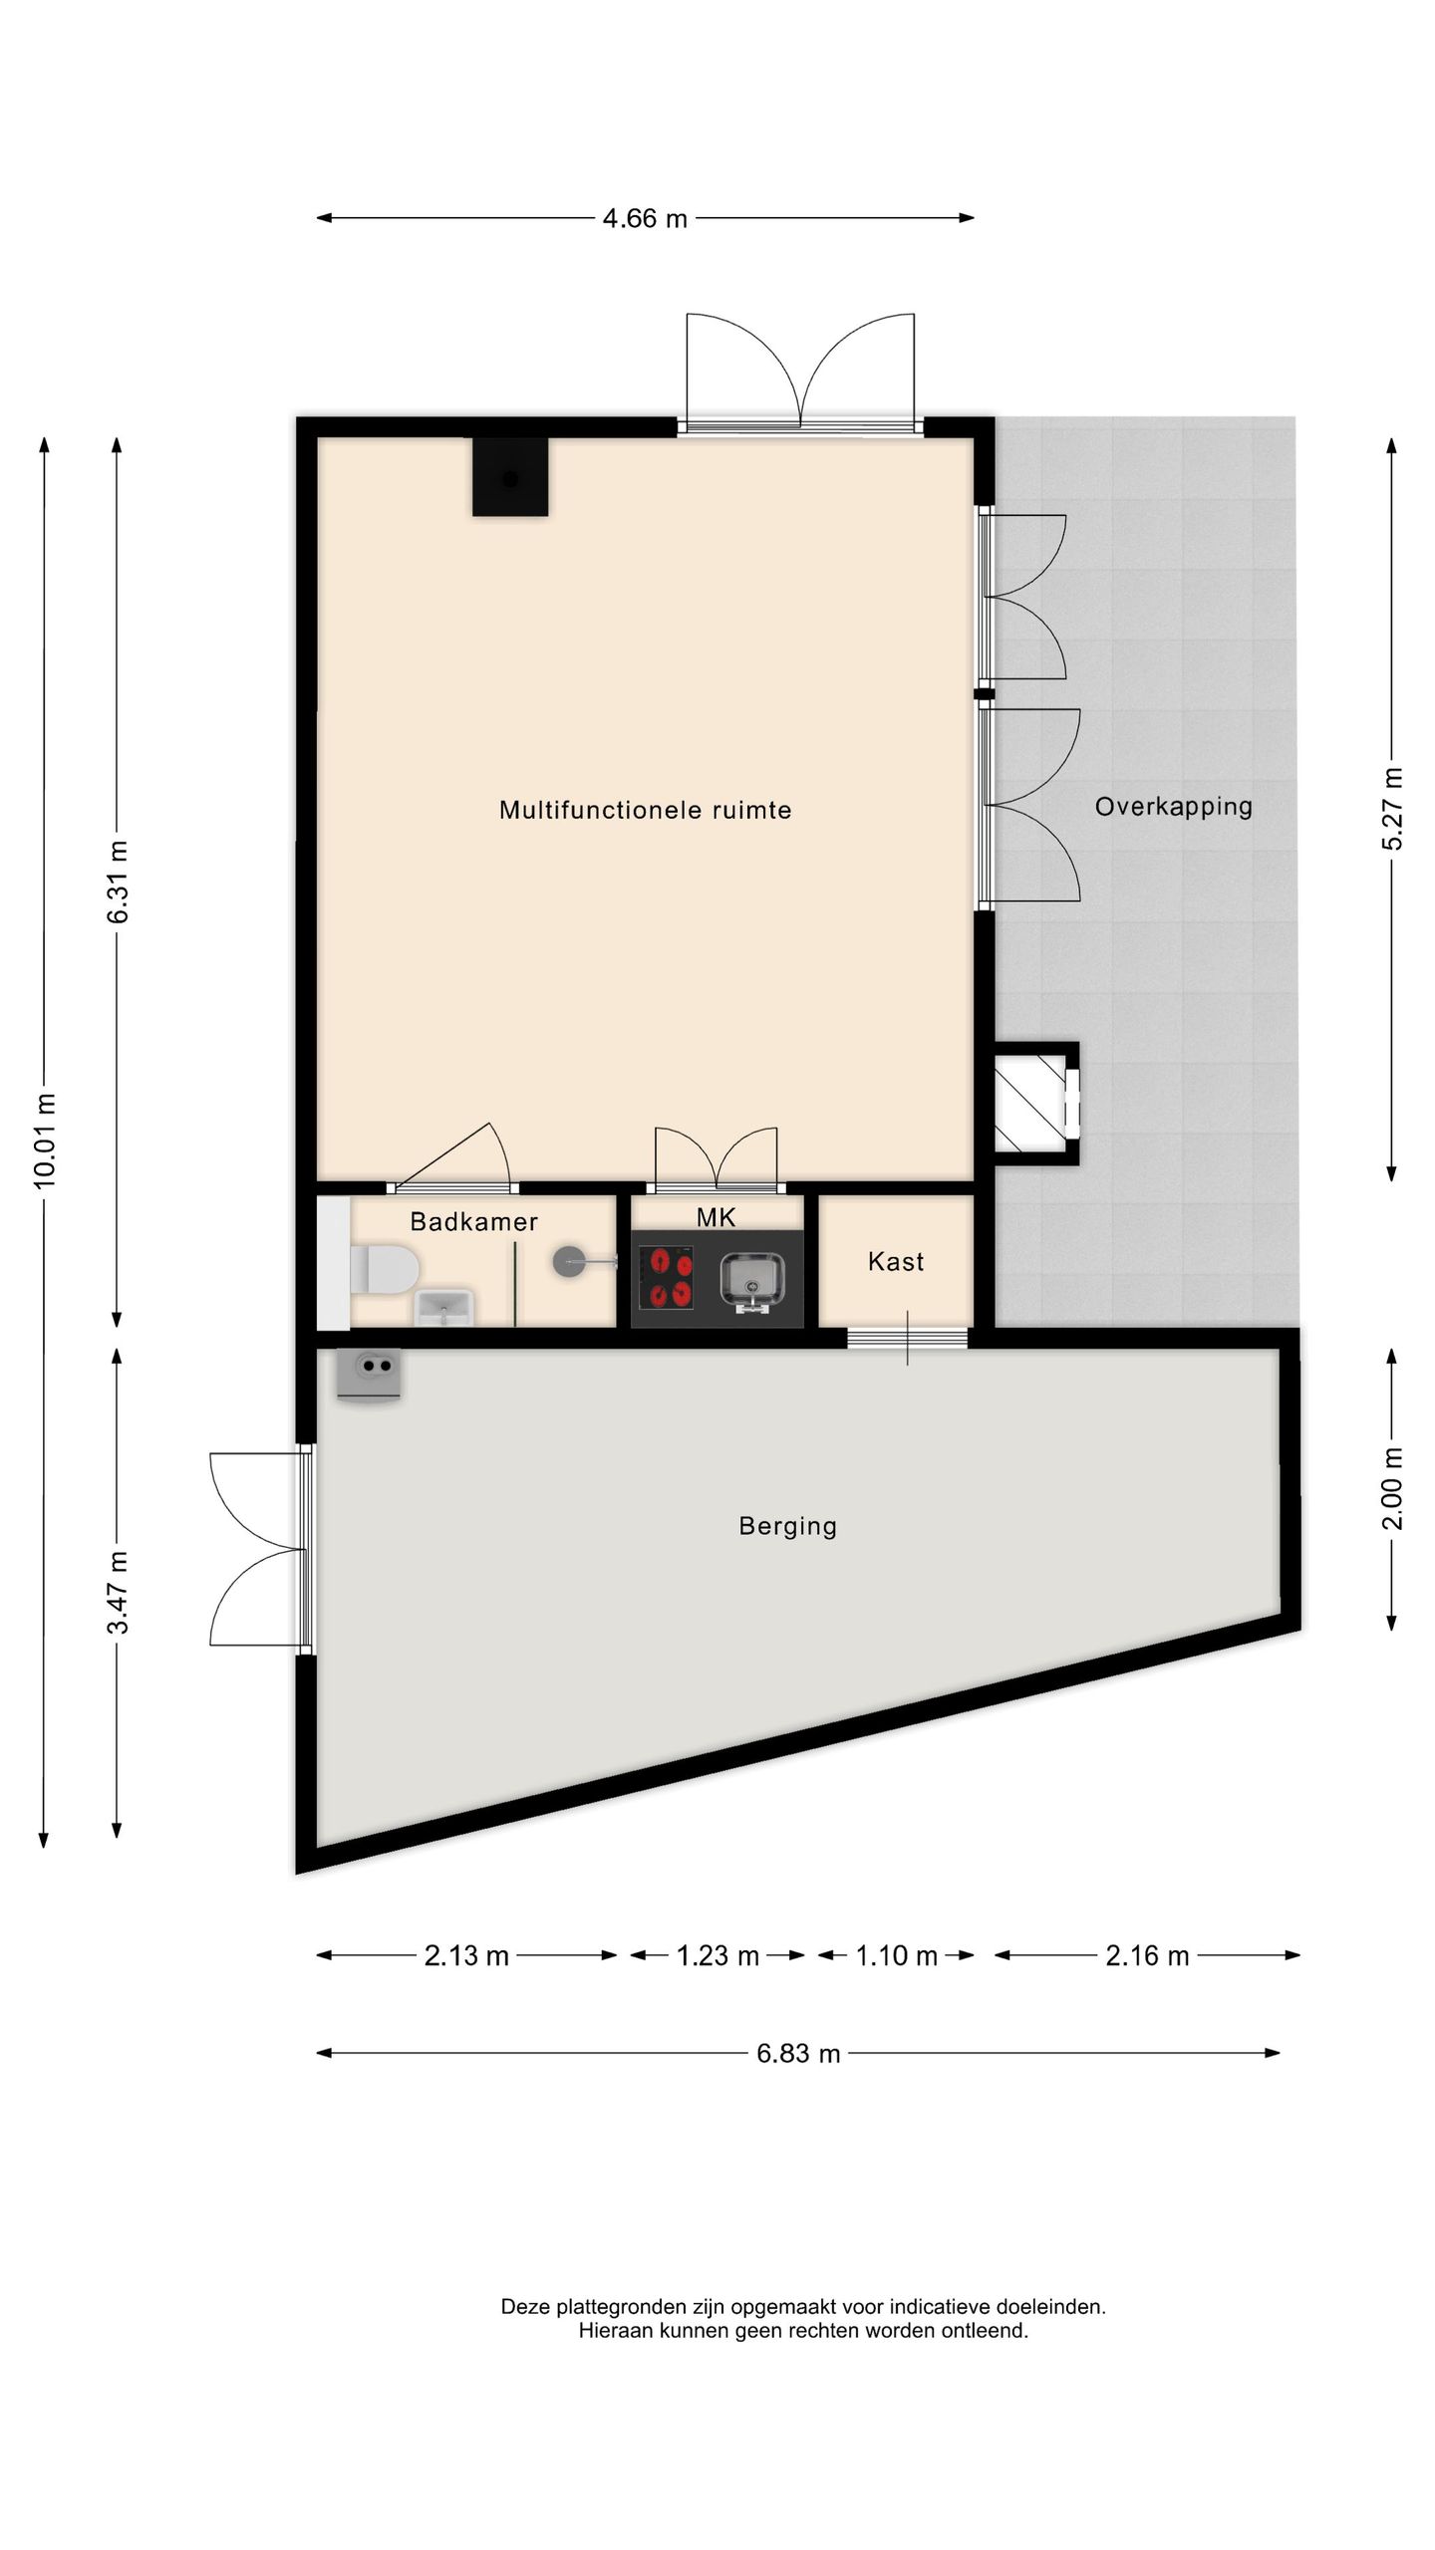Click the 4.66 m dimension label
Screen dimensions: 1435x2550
pos(645,218)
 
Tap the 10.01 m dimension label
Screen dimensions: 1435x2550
pos(45,1141)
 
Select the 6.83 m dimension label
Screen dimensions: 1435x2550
pos(798,2054)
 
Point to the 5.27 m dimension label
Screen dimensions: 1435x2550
pos(1393,809)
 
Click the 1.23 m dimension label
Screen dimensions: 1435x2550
pos(717,1956)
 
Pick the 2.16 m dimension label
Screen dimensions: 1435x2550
pos(1147,1956)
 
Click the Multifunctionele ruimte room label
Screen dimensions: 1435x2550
pos(646,810)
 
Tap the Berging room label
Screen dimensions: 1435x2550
pos(787,1527)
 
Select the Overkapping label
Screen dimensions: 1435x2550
pos(1174,808)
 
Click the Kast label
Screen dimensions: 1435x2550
pos(896,1262)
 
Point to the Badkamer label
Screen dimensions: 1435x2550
pos(474,1222)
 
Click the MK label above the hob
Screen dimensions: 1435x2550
pos(717,1216)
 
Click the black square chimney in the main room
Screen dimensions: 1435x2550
pos(510,477)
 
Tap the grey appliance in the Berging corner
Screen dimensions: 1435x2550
pos(369,1374)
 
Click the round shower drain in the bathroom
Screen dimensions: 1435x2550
pos(569,1262)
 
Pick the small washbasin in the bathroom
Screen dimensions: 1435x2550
pos(443,1307)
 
